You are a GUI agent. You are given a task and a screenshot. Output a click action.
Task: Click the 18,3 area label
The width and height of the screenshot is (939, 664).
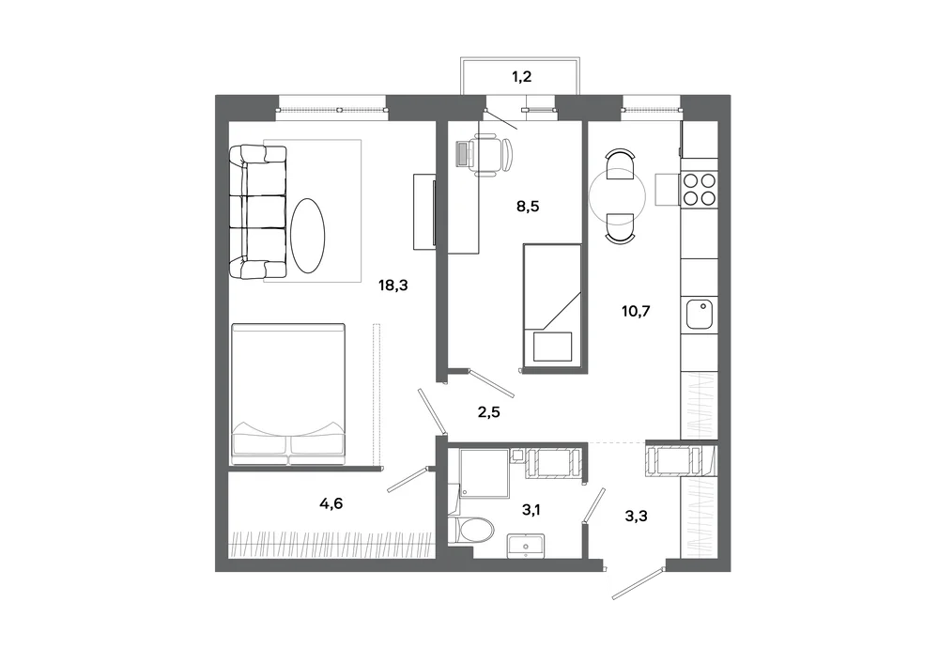393,286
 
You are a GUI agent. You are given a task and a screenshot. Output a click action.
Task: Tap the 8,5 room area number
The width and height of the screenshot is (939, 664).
528,207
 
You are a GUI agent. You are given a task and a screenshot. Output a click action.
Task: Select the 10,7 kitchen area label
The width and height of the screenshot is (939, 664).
636,312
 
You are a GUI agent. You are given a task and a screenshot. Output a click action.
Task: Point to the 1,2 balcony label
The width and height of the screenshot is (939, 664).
521,77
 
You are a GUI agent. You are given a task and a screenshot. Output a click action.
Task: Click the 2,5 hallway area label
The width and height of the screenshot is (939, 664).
488,412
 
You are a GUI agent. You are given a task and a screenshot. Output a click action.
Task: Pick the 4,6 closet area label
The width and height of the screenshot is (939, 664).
331,503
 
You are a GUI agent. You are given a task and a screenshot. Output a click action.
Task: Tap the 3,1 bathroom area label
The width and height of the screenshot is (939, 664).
531,510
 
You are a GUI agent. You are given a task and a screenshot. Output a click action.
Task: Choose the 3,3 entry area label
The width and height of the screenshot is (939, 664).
636,517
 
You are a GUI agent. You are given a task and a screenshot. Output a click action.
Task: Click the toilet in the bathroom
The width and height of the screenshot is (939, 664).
472,530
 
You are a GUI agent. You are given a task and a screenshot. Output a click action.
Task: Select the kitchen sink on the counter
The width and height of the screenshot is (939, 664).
699,314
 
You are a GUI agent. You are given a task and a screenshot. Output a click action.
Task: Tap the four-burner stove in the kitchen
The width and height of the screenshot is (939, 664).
700,189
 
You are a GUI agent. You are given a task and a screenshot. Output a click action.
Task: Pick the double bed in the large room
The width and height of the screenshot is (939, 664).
288,394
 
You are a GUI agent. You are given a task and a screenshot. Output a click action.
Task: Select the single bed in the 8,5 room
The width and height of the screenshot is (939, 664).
552,304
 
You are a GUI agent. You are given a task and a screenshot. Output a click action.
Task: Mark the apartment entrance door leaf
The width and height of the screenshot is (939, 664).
639,580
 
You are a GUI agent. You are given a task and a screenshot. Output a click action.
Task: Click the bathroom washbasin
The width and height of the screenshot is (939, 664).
526,546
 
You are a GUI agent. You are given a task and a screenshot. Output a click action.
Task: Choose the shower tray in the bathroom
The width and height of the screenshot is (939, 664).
484,473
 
